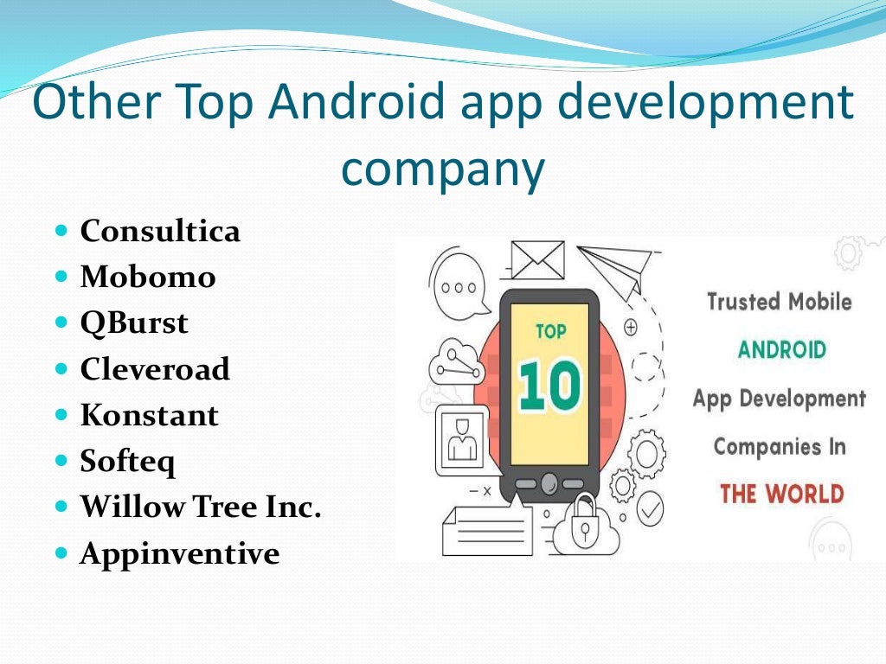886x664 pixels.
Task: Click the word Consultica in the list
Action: pyautogui.click(x=160, y=232)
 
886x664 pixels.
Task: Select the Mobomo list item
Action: pyautogui.click(x=148, y=278)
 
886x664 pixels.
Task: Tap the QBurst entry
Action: pyautogui.click(x=134, y=323)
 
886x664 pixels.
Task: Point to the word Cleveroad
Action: pyautogui.click(x=155, y=369)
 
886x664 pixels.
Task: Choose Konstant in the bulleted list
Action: pyautogui.click(x=150, y=416)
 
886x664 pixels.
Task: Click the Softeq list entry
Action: pyautogui.click(x=128, y=462)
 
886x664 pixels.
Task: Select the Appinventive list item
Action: pyautogui.click(x=180, y=553)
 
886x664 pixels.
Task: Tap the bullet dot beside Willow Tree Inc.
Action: pyautogui.click(x=61, y=508)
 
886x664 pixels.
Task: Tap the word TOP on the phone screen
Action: pyautogui.click(x=550, y=330)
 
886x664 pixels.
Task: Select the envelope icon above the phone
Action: pyautogui.click(x=537, y=259)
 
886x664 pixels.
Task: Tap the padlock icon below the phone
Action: pyautogui.click(x=585, y=522)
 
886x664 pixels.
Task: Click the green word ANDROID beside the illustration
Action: pyautogui.click(x=781, y=350)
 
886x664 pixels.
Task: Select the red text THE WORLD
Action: pyautogui.click(x=781, y=495)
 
